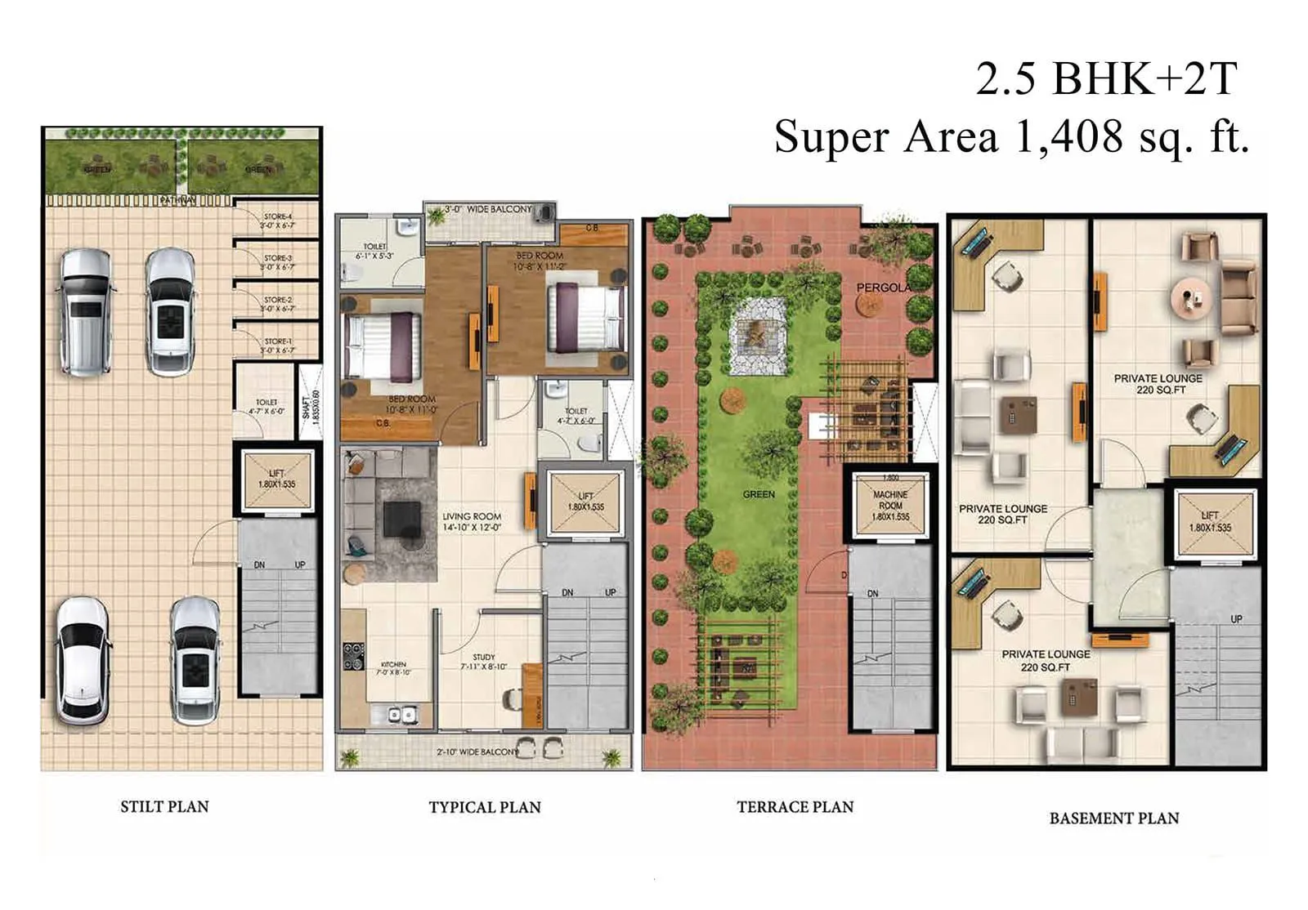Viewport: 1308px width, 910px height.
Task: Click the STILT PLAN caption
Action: (164, 806)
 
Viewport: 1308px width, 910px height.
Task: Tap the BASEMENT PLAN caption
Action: (1113, 818)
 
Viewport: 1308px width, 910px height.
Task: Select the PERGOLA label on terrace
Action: (883, 288)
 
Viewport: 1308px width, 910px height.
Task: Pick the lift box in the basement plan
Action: (1210, 522)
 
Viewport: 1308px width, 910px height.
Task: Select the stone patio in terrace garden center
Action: (757, 335)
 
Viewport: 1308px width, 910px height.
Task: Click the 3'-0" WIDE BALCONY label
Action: (488, 210)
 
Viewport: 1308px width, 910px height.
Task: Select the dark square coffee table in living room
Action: (401, 519)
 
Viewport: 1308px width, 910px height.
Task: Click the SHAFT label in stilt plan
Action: (311, 404)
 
